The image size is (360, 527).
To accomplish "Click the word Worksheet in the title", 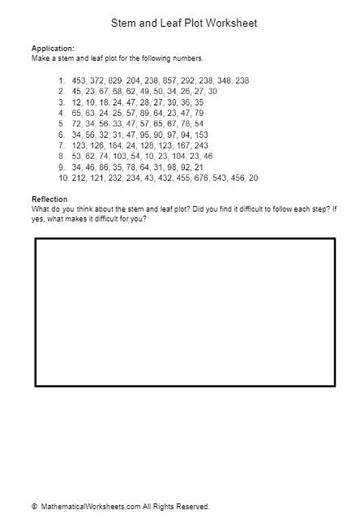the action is click(231, 24).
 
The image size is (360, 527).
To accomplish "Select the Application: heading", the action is click(53, 49).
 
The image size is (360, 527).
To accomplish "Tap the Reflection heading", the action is click(49, 199).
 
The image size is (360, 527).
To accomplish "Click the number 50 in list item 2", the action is click(150, 92).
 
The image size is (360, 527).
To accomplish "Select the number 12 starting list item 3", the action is click(77, 103).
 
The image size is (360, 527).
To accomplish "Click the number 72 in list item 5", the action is click(77, 124).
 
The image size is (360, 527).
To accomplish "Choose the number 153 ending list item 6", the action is click(202, 135).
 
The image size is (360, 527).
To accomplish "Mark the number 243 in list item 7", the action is click(201, 146).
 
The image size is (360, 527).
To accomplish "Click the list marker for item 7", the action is click(62, 146).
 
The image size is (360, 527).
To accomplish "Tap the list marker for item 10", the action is click(62, 178).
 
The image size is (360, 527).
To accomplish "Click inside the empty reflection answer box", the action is click(185, 312).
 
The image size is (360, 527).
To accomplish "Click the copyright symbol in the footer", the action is click(34, 507).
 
